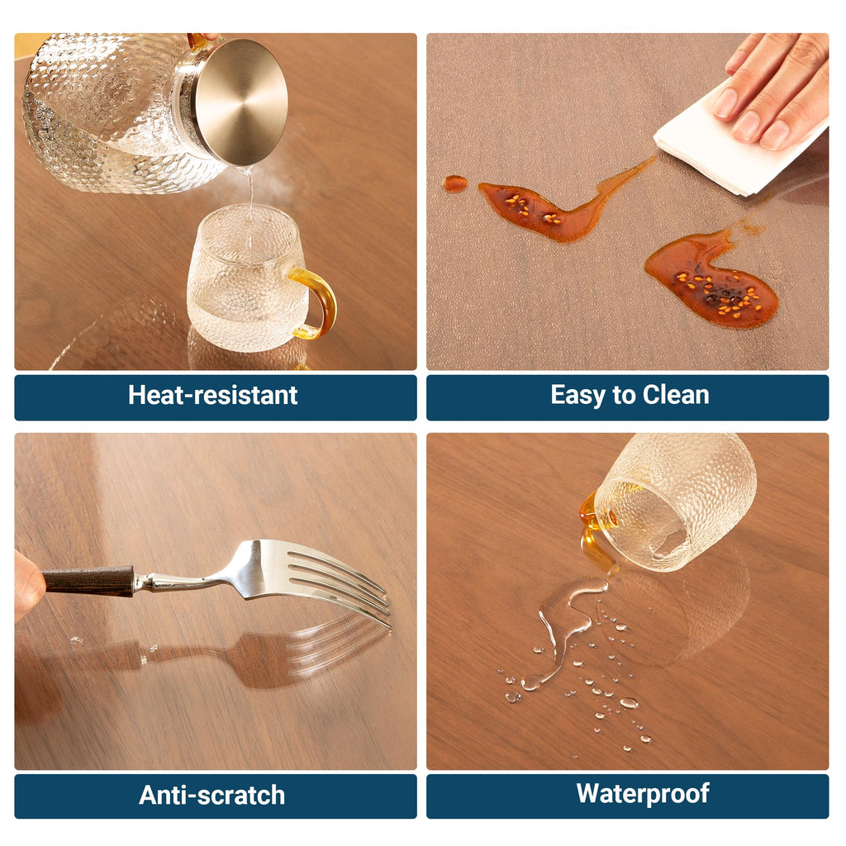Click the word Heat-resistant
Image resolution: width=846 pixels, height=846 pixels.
pyautogui.click(x=212, y=395)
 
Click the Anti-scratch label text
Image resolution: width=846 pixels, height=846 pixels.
pyautogui.click(x=211, y=795)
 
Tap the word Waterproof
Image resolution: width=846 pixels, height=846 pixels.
pyautogui.click(x=643, y=794)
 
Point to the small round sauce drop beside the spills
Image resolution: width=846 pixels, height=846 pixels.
pyautogui.click(x=455, y=183)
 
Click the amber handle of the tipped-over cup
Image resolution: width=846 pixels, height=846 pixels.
pyautogui.click(x=593, y=512)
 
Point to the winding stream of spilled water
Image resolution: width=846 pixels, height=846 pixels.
pyautogui.click(x=563, y=626)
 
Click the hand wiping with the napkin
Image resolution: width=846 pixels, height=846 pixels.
pyautogui.click(x=774, y=89)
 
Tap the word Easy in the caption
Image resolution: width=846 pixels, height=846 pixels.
pyautogui.click(x=577, y=396)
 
